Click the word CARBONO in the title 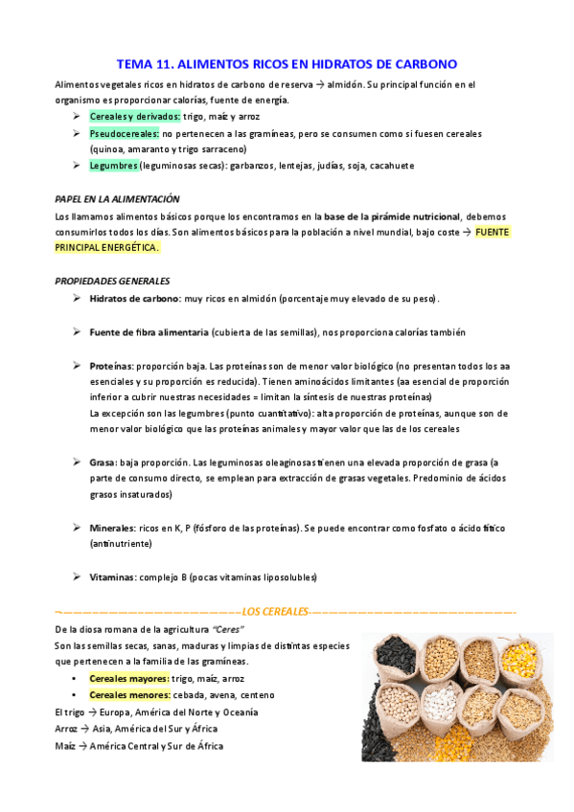tap(423, 64)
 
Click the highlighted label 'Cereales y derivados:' tap(135, 116)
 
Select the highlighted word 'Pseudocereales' tap(118, 133)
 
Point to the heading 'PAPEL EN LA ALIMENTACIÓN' tap(118, 199)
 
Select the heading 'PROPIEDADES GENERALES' tap(113, 281)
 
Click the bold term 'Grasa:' tap(103, 462)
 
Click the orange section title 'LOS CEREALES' tap(275, 611)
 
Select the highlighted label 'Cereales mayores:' tap(129, 678)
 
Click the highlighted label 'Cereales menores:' tap(129, 694)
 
